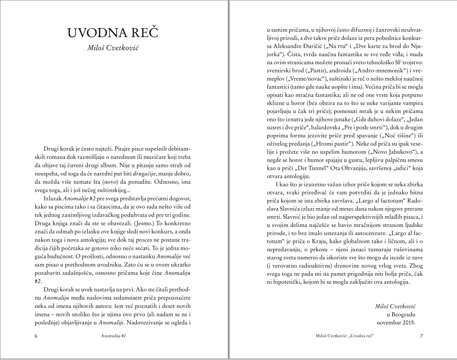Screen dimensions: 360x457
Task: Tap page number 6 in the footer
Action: pos(36,336)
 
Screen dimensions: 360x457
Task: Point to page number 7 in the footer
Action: pos(421,336)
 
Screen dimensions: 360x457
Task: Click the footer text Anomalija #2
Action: pos(114,336)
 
